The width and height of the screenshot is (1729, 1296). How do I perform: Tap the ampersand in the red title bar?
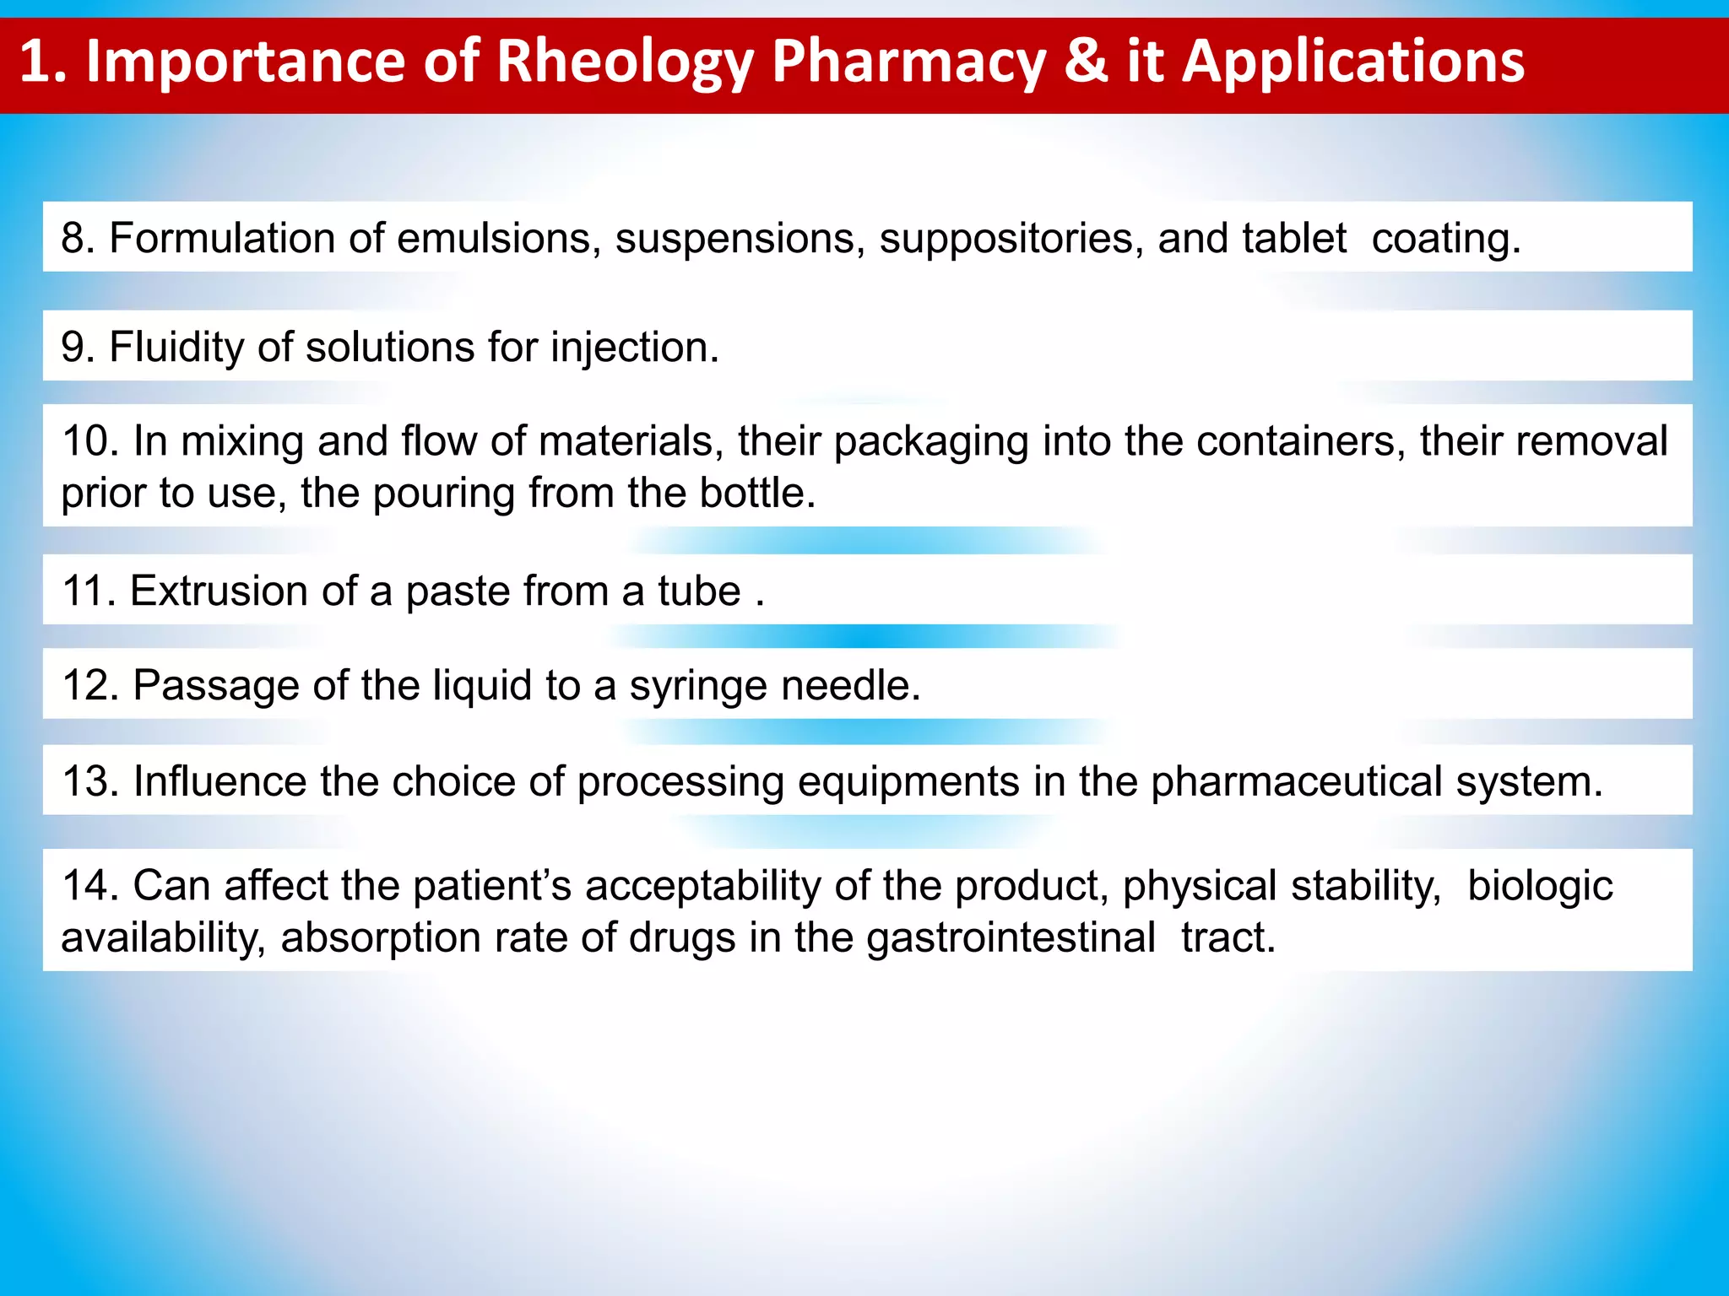click(1086, 62)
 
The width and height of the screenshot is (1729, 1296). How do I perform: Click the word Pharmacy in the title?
click(908, 63)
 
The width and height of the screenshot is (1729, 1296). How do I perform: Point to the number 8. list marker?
click(79, 238)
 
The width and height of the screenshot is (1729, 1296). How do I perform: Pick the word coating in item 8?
click(1445, 239)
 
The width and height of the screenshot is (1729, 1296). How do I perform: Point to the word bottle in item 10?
click(756, 493)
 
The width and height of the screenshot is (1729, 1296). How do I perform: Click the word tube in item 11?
click(699, 591)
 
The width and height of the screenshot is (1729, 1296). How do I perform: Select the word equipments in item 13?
click(908, 782)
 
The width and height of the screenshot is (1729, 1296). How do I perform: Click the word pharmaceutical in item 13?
click(1297, 781)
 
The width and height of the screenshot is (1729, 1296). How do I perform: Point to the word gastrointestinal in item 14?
click(1011, 937)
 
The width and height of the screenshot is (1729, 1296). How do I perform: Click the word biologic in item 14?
click(1540, 886)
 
